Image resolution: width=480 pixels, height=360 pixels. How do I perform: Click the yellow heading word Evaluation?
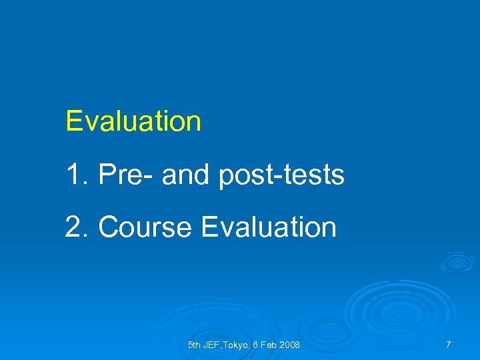pyautogui.click(x=133, y=122)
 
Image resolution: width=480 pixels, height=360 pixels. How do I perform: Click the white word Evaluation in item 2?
pyautogui.click(x=268, y=227)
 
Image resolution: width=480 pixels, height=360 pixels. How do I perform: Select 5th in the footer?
pyautogui.click(x=195, y=345)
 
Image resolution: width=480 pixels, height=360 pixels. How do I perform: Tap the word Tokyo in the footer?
pyautogui.click(x=240, y=345)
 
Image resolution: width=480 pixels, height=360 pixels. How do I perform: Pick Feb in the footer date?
pyautogui.click(x=271, y=345)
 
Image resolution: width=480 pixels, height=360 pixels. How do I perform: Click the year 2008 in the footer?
pyautogui.click(x=290, y=345)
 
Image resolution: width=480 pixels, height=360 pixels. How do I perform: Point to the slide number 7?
pyautogui.click(x=448, y=345)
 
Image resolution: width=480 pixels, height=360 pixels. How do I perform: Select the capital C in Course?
pyautogui.click(x=107, y=227)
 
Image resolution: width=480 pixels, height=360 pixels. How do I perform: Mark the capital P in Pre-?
pyautogui.click(x=107, y=175)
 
